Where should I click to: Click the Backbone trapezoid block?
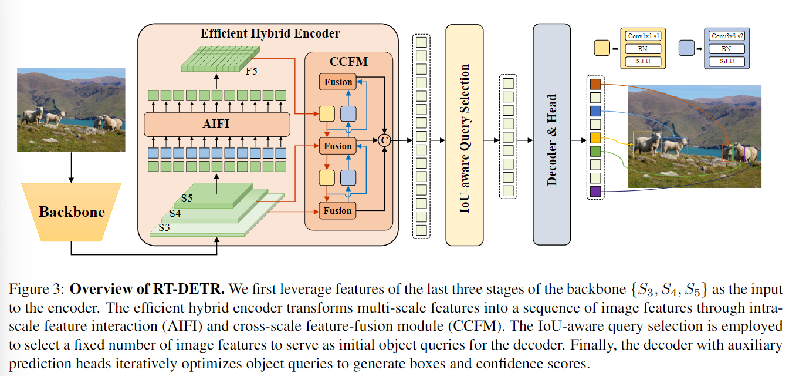pyautogui.click(x=71, y=211)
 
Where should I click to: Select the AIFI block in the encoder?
pyautogui.click(x=217, y=125)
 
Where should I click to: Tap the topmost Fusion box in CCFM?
pyautogui.click(x=338, y=82)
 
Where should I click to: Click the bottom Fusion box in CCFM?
pyautogui.click(x=338, y=210)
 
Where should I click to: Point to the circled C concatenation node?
pyautogui.click(x=384, y=140)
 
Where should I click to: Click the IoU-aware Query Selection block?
pyautogui.click(x=465, y=135)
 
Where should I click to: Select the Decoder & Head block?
pyautogui.click(x=551, y=135)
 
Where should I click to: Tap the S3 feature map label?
pyautogui.click(x=164, y=227)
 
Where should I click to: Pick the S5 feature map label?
pyautogui.click(x=187, y=198)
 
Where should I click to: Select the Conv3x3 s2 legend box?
pyautogui.click(x=726, y=36)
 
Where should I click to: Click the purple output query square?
pyautogui.click(x=595, y=190)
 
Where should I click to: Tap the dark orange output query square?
pyautogui.click(x=595, y=84)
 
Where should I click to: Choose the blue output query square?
pyautogui.click(x=595, y=111)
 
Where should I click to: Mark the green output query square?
pyautogui.click(x=595, y=151)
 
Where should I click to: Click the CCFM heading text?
pyautogui.click(x=348, y=61)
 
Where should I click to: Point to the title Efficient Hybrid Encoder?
pyautogui.click(x=270, y=33)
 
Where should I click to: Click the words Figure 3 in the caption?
pyautogui.click(x=39, y=289)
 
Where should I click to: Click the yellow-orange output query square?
pyautogui.click(x=595, y=138)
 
